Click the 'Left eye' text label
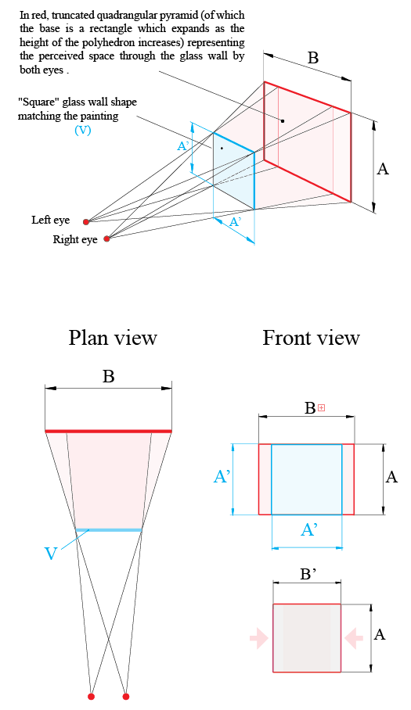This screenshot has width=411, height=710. pyautogui.click(x=51, y=221)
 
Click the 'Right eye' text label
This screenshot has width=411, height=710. pyautogui.click(x=75, y=240)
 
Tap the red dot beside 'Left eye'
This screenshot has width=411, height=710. pyautogui.click(x=86, y=221)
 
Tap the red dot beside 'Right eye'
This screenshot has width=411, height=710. pyautogui.click(x=107, y=238)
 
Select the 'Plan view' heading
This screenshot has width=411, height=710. pyautogui.click(x=113, y=338)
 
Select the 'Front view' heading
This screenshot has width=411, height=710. pyautogui.click(x=311, y=338)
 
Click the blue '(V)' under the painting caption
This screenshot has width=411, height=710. pyautogui.click(x=82, y=131)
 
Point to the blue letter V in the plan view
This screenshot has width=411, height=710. pyautogui.click(x=50, y=553)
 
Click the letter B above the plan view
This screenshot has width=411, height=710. pyautogui.click(x=108, y=376)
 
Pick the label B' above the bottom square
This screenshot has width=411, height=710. pyautogui.click(x=308, y=573)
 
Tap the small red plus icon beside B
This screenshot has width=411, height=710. pyautogui.click(x=321, y=407)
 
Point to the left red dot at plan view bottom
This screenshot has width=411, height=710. pyautogui.click(x=92, y=696)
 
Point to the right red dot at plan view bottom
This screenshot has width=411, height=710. pyautogui.click(x=126, y=696)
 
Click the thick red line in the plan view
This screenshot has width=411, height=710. pyautogui.click(x=108, y=431)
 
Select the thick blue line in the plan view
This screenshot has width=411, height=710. pyautogui.click(x=109, y=530)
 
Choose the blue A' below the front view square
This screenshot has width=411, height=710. pyautogui.click(x=308, y=531)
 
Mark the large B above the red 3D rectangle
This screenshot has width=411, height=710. pyautogui.click(x=312, y=58)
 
